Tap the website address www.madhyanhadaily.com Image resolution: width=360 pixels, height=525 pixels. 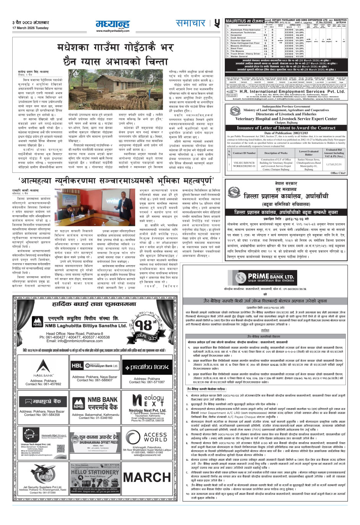tap(112, 31)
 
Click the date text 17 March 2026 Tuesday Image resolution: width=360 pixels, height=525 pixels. tap(30, 28)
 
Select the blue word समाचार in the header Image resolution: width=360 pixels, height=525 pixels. tap(190, 23)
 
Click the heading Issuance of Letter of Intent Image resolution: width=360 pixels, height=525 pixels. tap(286, 128)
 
